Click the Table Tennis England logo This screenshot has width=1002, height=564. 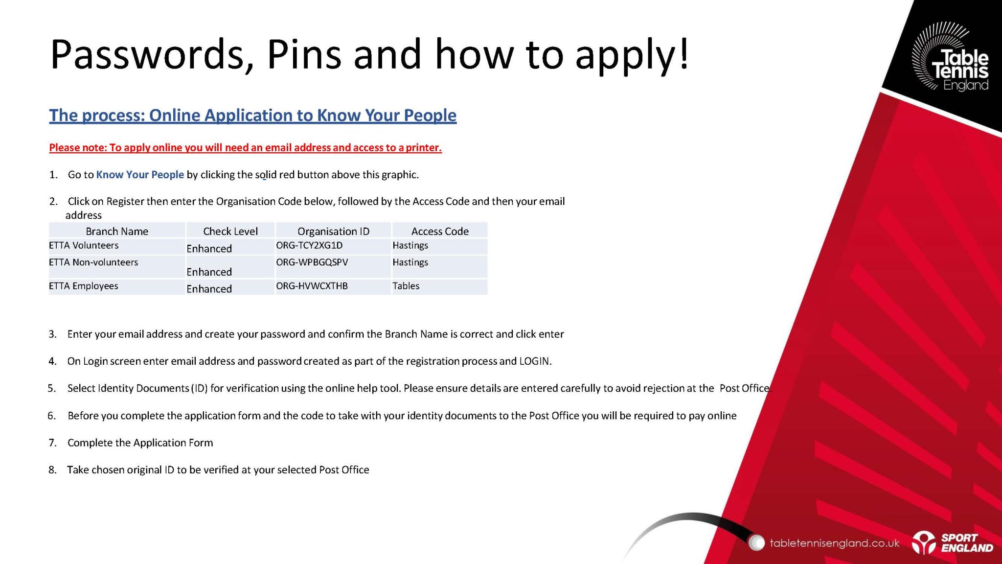pyautogui.click(x=950, y=57)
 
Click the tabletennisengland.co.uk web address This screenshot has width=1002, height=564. pyautogui.click(x=834, y=543)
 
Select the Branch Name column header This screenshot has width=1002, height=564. pyautogui.click(x=117, y=231)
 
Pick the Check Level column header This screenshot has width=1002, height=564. pyautogui.click(x=230, y=231)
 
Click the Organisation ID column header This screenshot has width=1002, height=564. pyautogui.click(x=334, y=231)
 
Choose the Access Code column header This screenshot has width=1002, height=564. pyautogui.click(x=440, y=231)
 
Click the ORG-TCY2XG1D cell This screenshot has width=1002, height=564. pyautogui.click(x=309, y=245)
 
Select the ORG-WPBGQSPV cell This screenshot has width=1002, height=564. pyautogui.click(x=312, y=262)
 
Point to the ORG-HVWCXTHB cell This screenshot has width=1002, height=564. pyautogui.click(x=312, y=286)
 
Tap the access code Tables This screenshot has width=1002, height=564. pyautogui.click(x=406, y=286)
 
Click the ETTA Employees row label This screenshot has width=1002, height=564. pyautogui.click(x=84, y=286)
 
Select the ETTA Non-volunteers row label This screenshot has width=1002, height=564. pyautogui.click(x=93, y=262)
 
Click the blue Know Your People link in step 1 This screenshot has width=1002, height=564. pyautogui.click(x=140, y=175)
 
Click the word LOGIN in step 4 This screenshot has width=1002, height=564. pyautogui.click(x=535, y=361)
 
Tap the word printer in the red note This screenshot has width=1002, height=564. pyautogui.click(x=424, y=148)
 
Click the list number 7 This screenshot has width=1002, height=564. pyautogui.click(x=52, y=443)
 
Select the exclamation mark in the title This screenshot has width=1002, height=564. pyautogui.click(x=683, y=53)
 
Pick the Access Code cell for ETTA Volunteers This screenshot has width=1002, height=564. pyautogui.click(x=410, y=245)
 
